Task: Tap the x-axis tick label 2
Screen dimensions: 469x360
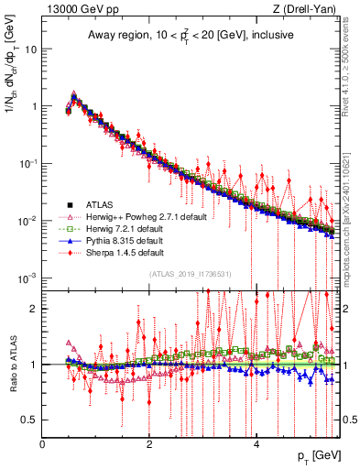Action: (149, 444)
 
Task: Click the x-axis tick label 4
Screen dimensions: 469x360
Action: (256, 444)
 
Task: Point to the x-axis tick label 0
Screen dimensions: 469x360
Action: (42, 444)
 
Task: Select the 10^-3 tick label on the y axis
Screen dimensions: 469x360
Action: (27, 278)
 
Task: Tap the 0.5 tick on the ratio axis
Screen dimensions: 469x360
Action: (29, 420)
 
